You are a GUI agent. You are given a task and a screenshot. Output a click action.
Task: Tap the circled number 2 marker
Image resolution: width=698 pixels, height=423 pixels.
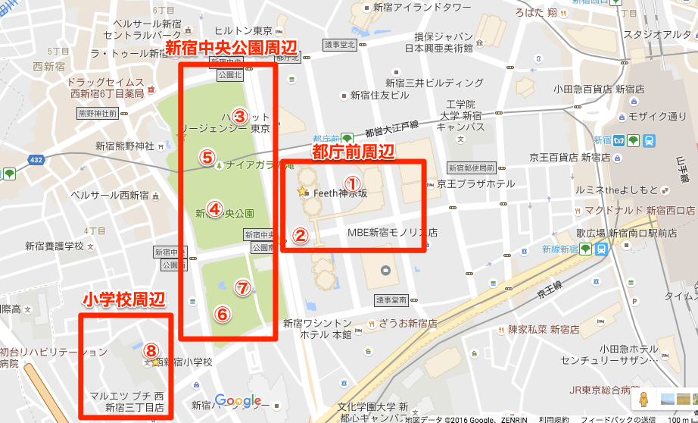301,235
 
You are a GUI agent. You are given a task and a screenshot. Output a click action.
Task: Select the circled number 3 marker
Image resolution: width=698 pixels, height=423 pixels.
239,116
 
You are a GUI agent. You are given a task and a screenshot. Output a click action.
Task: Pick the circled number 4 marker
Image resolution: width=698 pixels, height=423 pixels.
214,208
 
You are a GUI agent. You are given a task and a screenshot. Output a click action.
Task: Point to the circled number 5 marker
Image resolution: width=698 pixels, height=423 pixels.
207,157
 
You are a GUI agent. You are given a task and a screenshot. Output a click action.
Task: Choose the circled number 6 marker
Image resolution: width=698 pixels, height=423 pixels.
222,313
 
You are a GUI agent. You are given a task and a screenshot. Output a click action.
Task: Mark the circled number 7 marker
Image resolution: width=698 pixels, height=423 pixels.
242,287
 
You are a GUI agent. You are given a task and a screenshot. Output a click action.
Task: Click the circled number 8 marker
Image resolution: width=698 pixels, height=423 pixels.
151,349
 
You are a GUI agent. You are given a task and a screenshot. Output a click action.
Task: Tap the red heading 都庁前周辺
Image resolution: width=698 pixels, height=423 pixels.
354,152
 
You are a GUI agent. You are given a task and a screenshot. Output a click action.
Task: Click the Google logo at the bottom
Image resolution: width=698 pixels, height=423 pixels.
238,401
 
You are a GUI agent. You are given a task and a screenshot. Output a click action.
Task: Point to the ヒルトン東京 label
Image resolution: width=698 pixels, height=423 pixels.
242,30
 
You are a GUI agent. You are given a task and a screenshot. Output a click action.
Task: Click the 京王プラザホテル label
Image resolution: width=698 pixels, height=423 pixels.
475,184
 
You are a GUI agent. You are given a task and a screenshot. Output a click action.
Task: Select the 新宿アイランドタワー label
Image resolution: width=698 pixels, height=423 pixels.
417,8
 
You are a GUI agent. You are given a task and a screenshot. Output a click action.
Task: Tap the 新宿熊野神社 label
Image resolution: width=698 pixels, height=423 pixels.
125,146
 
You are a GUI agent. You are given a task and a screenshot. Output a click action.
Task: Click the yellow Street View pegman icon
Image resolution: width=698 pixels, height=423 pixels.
643,399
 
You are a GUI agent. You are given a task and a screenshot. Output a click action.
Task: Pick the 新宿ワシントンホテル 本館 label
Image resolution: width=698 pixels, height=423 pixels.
317,328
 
